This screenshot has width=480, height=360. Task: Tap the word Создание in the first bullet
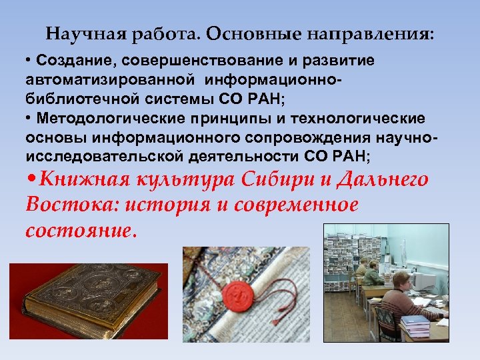click(68, 61)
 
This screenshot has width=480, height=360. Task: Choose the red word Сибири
click(266, 180)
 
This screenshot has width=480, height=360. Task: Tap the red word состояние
click(80, 230)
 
